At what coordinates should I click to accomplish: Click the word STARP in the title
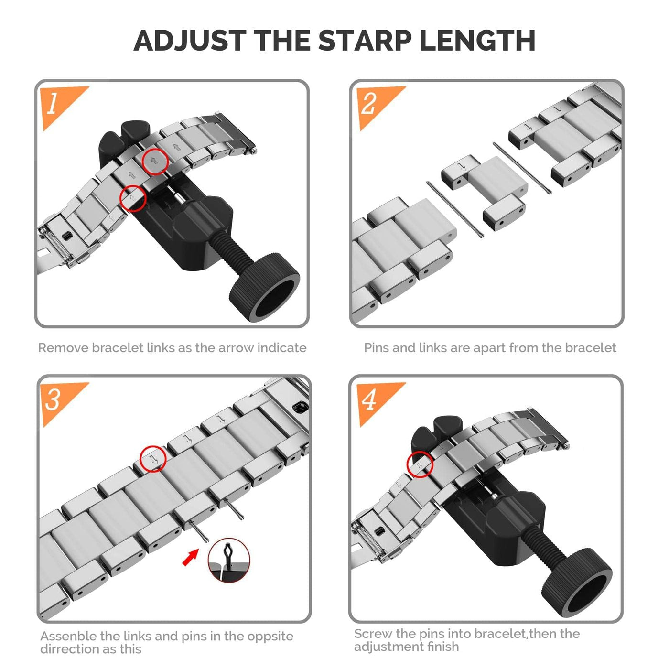[x=364, y=41]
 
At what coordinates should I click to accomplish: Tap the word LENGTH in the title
[x=477, y=41]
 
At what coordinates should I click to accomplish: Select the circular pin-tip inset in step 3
[x=229, y=560]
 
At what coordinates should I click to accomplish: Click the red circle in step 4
[x=420, y=464]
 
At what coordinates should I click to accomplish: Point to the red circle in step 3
[x=153, y=459]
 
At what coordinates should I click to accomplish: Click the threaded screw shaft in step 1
[x=231, y=250]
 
